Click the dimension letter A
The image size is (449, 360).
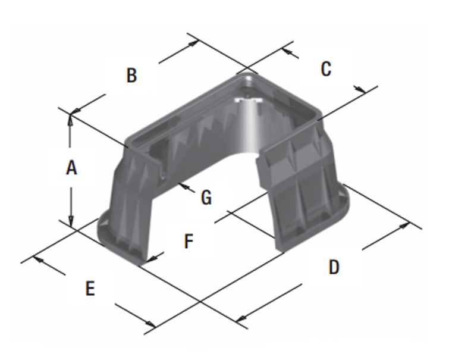71,168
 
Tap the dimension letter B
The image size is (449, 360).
131,76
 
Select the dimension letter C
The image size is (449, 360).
325,69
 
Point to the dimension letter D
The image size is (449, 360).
334,267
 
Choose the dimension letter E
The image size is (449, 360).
90,289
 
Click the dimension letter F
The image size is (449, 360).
189,241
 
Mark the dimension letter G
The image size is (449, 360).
206,198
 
